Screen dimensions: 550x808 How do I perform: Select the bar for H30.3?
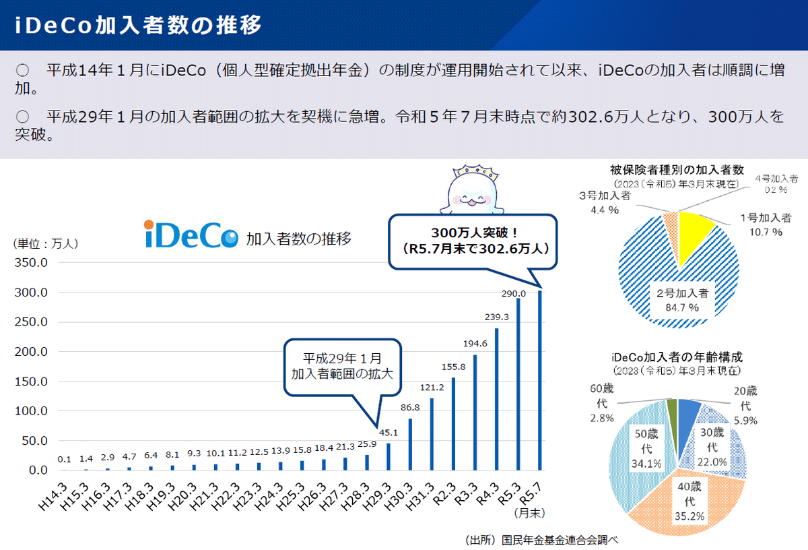[x=410, y=444]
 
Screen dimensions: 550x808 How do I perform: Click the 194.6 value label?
[x=475, y=343]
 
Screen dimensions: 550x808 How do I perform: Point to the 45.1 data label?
[x=389, y=432]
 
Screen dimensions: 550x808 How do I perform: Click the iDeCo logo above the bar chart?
[x=191, y=235]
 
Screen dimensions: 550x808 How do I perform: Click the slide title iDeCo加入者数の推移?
[x=138, y=25]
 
